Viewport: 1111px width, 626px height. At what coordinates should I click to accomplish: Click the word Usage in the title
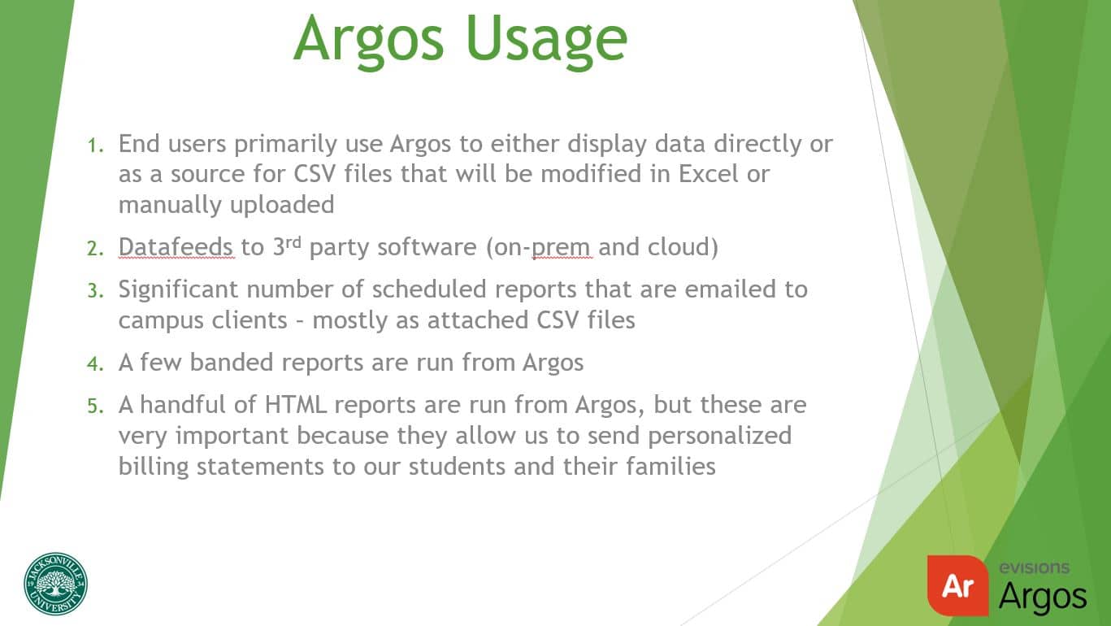(548, 39)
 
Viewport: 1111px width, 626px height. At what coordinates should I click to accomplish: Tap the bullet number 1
(96, 146)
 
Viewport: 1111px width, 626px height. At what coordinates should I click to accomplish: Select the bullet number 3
(96, 290)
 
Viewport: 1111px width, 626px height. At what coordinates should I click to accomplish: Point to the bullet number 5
(96, 406)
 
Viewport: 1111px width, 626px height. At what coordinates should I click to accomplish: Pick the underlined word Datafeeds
(176, 247)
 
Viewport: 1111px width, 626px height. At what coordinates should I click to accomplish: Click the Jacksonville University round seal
(55, 584)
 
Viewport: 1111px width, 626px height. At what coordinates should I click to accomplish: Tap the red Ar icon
(957, 585)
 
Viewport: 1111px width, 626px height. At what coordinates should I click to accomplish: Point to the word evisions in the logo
(1034, 568)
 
